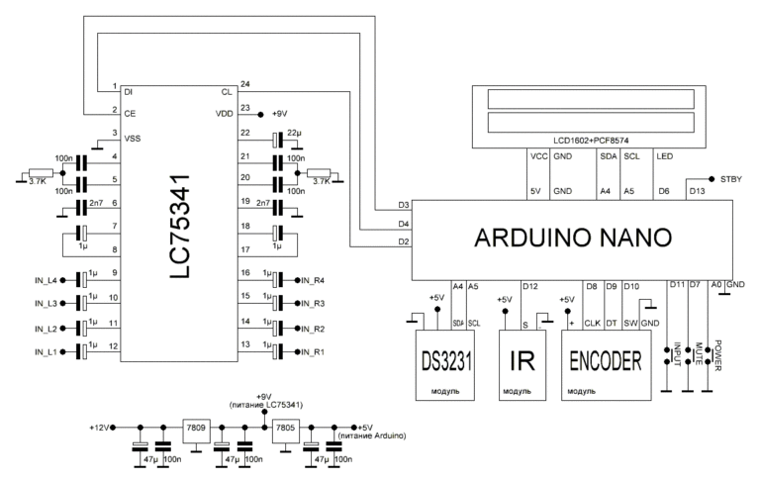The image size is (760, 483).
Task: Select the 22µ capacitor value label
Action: click(x=294, y=133)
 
